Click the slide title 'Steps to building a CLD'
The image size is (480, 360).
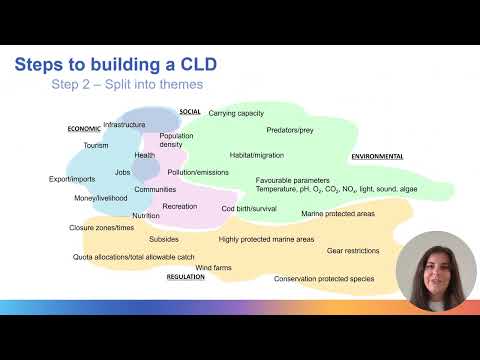coord(116,65)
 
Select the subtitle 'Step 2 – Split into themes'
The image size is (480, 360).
coord(127,85)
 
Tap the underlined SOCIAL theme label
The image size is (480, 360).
coord(190,112)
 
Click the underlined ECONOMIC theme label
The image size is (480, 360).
coord(85,129)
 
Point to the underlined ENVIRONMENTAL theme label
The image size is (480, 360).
coord(377,157)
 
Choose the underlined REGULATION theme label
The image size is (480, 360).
coord(185,277)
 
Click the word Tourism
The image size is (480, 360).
coord(96,146)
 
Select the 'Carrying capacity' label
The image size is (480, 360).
coord(236,113)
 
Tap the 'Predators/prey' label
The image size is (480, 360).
coord(290,131)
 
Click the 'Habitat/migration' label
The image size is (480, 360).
coord(257,156)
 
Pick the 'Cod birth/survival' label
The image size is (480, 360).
coord(249,208)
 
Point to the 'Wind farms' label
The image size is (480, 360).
coord(213,268)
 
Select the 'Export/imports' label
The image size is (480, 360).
coord(72,180)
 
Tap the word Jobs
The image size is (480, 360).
coord(123,172)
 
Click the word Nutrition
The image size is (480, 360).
coord(146,216)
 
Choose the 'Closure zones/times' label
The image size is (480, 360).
coord(102,228)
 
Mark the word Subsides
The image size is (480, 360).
coord(164,240)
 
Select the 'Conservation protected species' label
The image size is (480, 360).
coord(325,279)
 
